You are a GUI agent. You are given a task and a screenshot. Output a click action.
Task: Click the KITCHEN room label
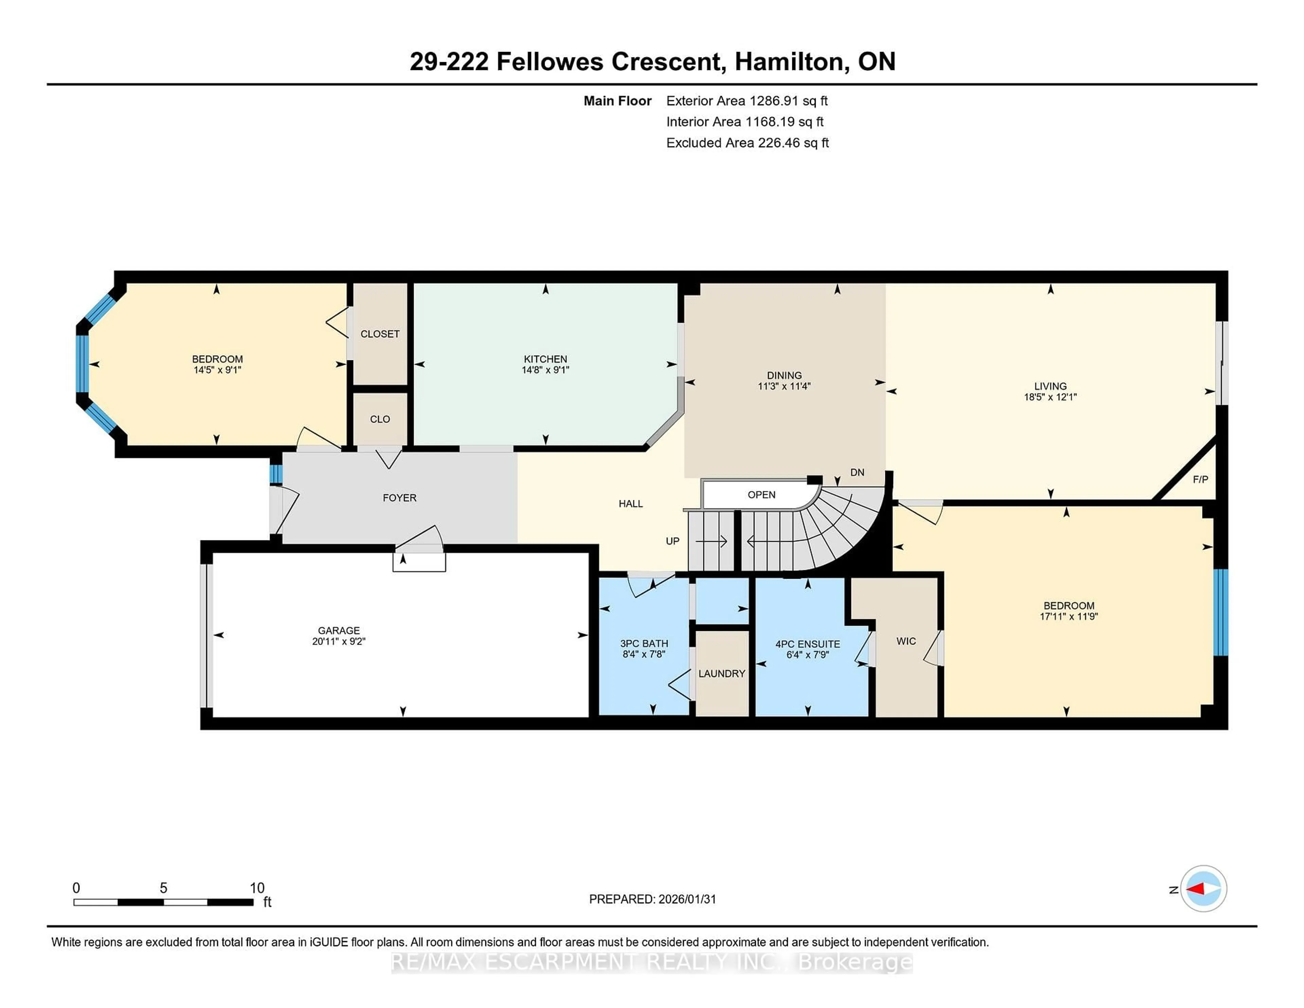[x=545, y=359]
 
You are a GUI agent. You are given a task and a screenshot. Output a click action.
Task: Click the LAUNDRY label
[x=721, y=673]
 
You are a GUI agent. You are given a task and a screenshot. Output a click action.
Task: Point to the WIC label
[x=906, y=641]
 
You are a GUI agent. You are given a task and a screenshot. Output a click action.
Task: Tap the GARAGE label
[x=339, y=631]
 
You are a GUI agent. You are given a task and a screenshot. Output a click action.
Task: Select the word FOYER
[x=399, y=498]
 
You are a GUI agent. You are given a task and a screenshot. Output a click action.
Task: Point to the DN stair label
[x=857, y=472]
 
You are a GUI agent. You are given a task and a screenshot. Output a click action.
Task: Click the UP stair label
[x=672, y=541]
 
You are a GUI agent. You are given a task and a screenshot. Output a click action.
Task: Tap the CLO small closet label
[x=380, y=419]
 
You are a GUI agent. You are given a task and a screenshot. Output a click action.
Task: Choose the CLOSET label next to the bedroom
[x=380, y=334]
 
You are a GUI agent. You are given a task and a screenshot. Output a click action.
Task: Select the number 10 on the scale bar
[x=257, y=888]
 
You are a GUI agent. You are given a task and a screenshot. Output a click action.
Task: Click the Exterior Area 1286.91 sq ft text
[x=746, y=101]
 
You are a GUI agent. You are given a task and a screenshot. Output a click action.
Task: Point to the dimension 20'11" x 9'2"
[x=339, y=641]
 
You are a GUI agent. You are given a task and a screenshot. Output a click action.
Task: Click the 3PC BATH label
[x=644, y=644]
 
